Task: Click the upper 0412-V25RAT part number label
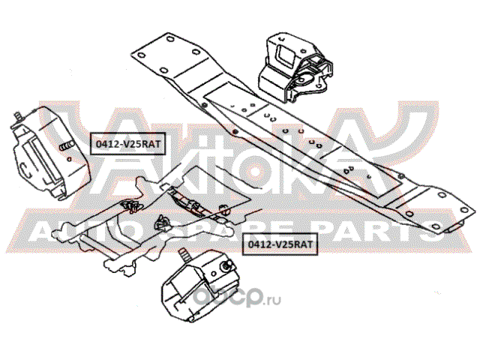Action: [x=127, y=143]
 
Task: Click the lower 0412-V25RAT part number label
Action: [x=280, y=244]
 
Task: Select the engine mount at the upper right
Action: [x=295, y=68]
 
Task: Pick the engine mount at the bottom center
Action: [x=198, y=284]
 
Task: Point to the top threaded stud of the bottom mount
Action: [x=184, y=253]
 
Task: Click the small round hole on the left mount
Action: [x=69, y=159]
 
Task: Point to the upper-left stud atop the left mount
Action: [x=18, y=117]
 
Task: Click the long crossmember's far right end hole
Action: [x=464, y=210]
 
